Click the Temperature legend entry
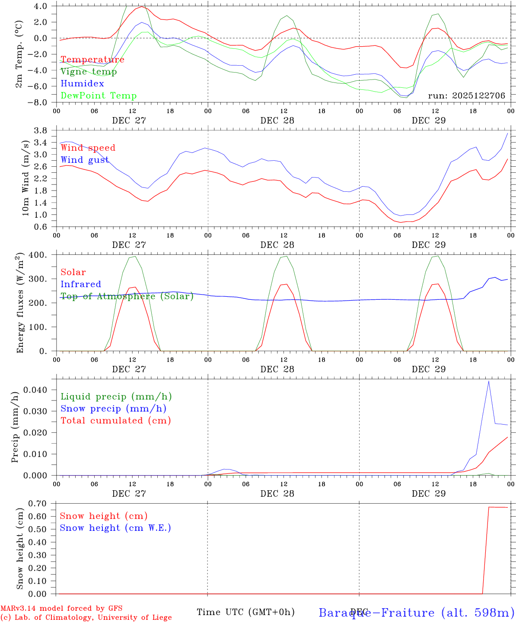pyautogui.click(x=92, y=60)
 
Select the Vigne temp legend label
pyautogui.click(x=89, y=72)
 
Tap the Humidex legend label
pyautogui.click(x=82, y=84)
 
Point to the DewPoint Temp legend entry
pyautogui.click(x=99, y=96)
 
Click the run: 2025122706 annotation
pyautogui.click(x=466, y=95)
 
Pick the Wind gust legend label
pyautogui.click(x=85, y=160)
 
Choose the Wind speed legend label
pyautogui.click(x=88, y=148)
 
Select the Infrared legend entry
pyautogui.click(x=81, y=284)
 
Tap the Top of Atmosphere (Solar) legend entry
pyautogui.click(x=127, y=296)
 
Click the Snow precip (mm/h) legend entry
pyautogui.click(x=114, y=409)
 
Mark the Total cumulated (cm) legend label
pyautogui.click(x=116, y=421)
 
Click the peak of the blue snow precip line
pyautogui.click(x=489, y=381)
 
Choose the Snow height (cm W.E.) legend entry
pyautogui.click(x=115, y=528)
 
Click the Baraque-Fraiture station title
pyautogui.click(x=416, y=612)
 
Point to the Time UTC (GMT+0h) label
pyautogui.click(x=245, y=612)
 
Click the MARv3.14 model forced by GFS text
pyautogui.click(x=61, y=608)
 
